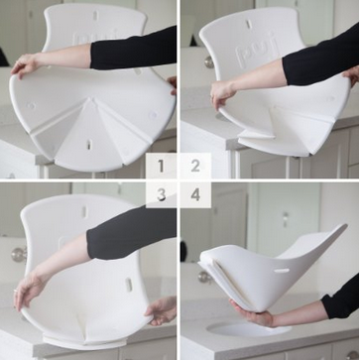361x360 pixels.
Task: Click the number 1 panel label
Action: (161, 166)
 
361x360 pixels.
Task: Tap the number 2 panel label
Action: (195, 166)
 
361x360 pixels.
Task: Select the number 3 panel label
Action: (161, 195)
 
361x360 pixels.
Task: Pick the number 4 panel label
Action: (195, 195)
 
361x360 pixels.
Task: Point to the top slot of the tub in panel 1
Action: (95, 16)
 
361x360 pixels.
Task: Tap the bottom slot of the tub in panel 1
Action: (89, 145)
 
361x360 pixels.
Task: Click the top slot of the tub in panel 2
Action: (249, 24)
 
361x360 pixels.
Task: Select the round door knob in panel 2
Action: (209, 62)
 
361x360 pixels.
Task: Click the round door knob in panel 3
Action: (19, 254)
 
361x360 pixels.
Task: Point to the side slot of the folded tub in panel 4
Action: (282, 271)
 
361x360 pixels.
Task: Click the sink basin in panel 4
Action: (249, 329)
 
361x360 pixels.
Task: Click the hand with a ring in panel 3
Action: (30, 289)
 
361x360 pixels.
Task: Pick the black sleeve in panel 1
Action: (133, 50)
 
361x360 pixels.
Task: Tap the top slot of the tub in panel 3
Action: (84, 212)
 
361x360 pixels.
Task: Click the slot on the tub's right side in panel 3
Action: (128, 285)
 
